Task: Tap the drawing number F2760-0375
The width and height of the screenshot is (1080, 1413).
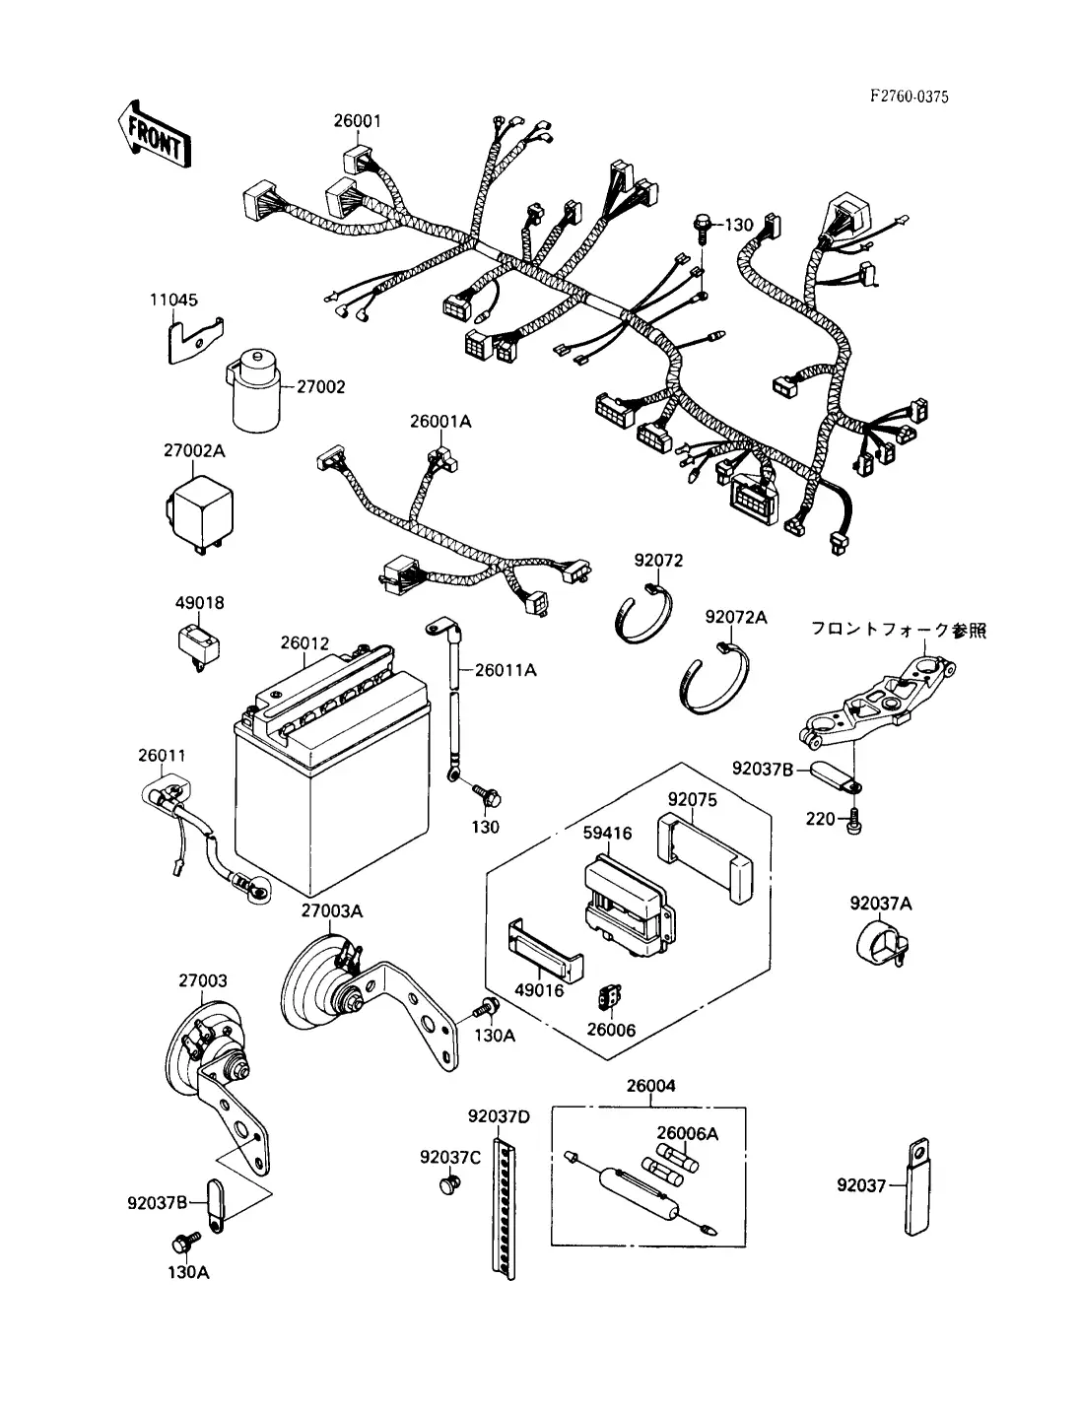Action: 910,97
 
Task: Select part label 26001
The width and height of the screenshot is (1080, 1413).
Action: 356,121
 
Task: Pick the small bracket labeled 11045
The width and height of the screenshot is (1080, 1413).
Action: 191,339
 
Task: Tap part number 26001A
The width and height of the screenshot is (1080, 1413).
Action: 440,422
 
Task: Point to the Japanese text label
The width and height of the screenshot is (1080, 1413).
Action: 898,630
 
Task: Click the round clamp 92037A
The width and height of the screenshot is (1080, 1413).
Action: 880,943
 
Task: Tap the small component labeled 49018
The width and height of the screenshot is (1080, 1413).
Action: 198,642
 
